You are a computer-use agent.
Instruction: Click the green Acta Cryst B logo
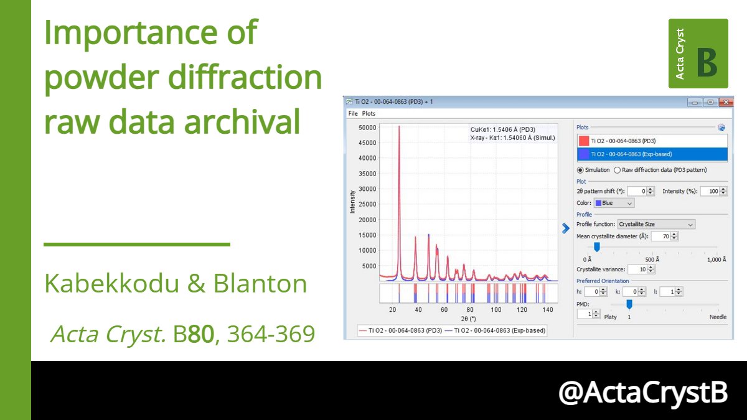(698, 53)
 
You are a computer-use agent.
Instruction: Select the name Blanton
(260, 284)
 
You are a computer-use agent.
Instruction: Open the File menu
(353, 114)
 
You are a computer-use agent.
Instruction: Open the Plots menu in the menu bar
(369, 114)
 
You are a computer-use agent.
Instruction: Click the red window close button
(726, 102)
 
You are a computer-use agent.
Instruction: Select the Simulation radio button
(580, 170)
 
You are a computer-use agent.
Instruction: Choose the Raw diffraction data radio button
(618, 170)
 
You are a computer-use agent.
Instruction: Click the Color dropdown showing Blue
(614, 203)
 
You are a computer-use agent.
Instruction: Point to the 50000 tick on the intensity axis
(367, 128)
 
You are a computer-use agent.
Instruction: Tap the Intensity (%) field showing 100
(710, 191)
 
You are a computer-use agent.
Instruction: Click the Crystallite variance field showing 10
(637, 269)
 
